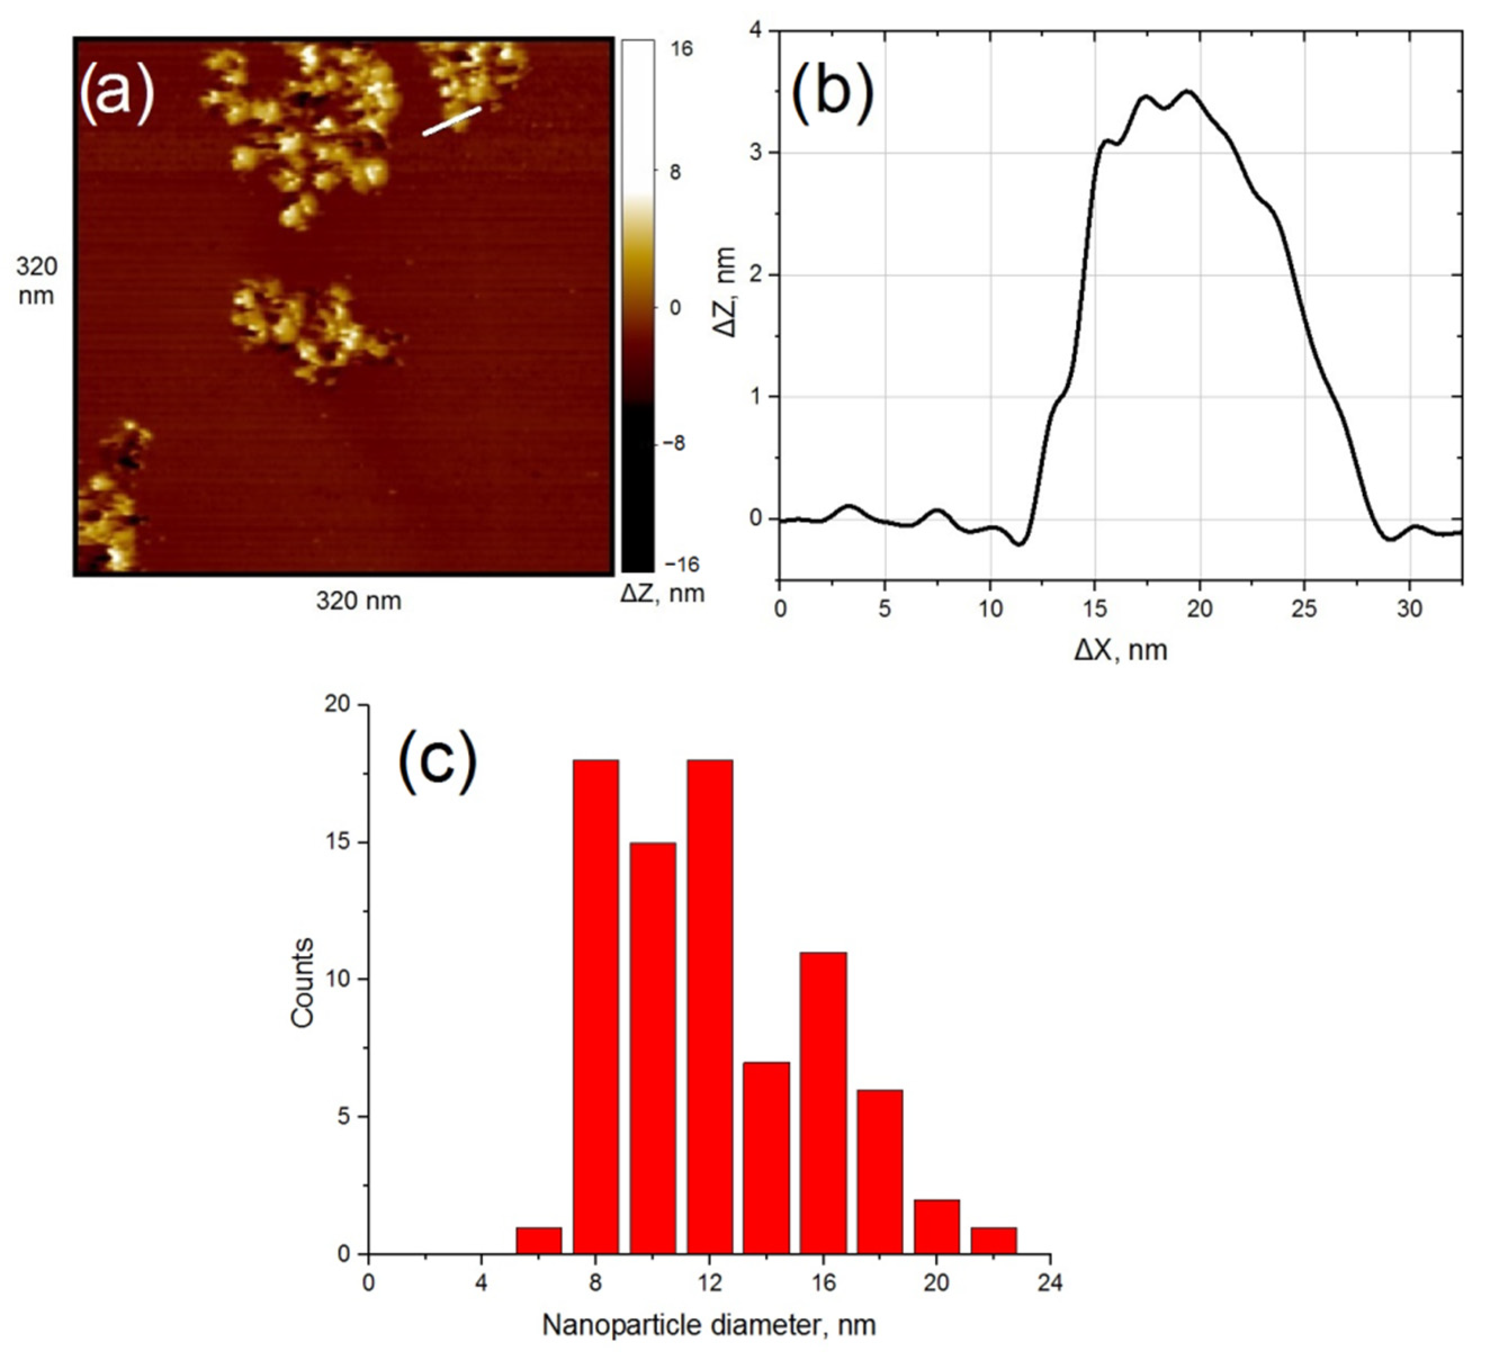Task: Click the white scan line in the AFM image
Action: tap(451, 122)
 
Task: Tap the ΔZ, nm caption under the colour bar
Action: tap(662, 593)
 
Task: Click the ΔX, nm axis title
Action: tap(1120, 650)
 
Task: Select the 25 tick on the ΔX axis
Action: tap(1305, 610)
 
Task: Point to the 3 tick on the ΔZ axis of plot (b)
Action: tap(756, 152)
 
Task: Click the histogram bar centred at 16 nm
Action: tap(823, 1102)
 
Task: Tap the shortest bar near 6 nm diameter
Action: tap(539, 1240)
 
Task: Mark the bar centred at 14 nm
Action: tap(766, 1158)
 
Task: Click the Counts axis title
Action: tap(302, 982)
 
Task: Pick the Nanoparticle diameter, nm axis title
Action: tap(709, 1325)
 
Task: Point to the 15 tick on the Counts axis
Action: tap(338, 843)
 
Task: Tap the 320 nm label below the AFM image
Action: tap(359, 601)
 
